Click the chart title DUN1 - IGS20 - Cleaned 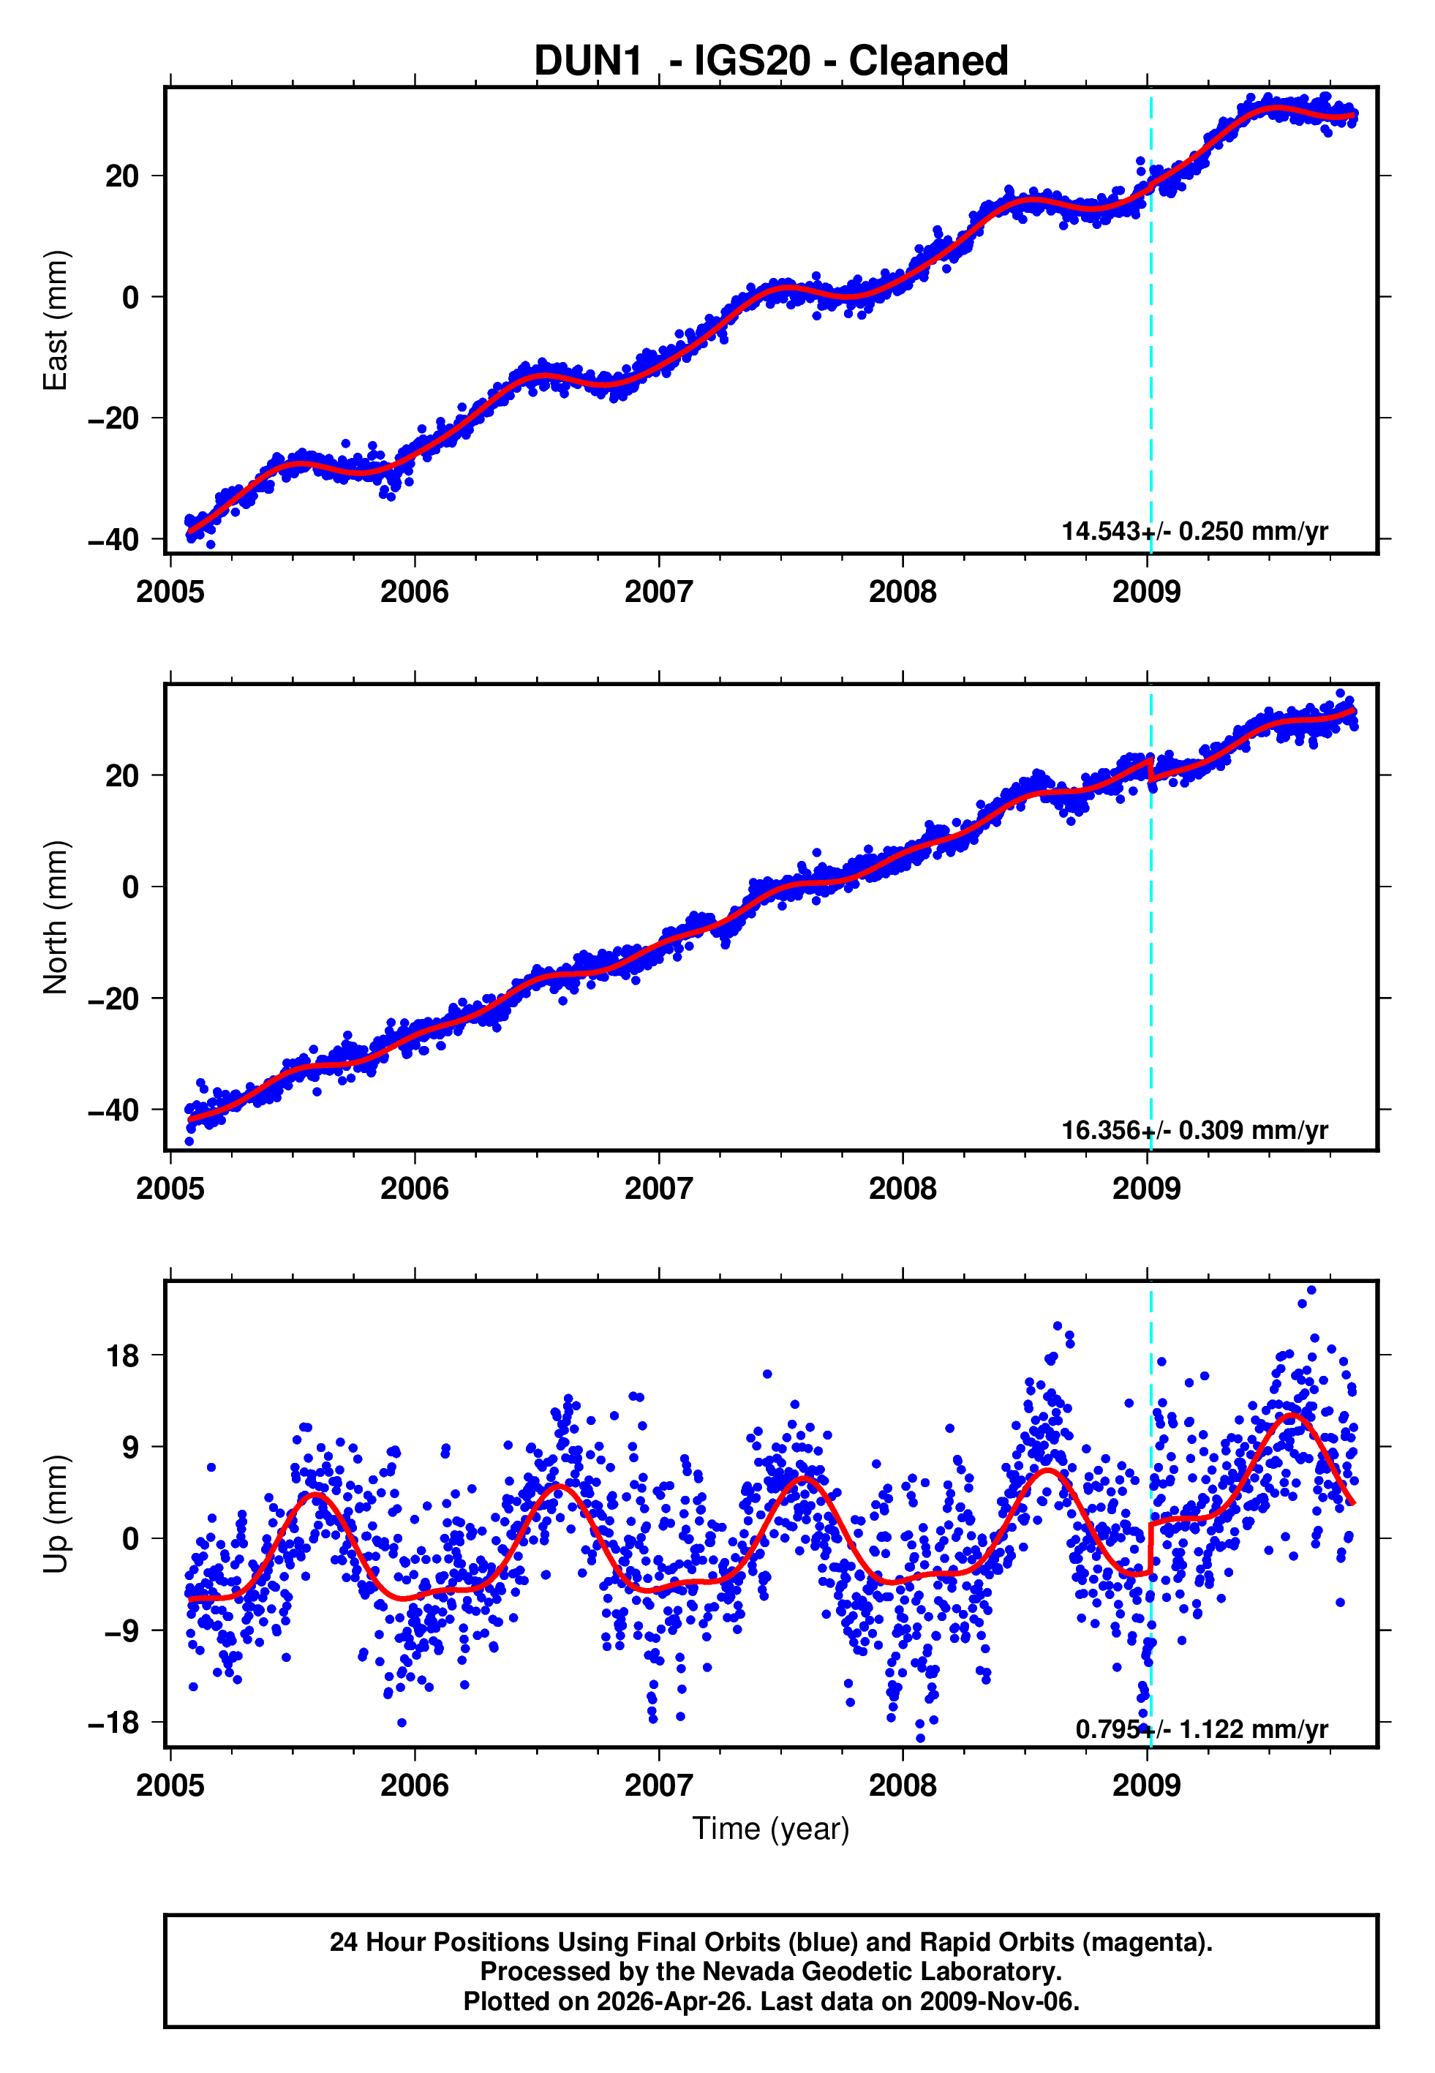coord(771,61)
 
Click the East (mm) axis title coord(56,320)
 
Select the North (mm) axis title coord(56,917)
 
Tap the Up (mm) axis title coord(56,1515)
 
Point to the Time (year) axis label coord(771,1829)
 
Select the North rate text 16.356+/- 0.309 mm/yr coord(1194,1130)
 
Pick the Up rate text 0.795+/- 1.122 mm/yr coord(1201,1728)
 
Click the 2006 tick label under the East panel coord(415,592)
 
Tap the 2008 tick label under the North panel coord(903,1189)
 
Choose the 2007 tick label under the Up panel coord(659,1786)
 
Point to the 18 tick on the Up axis coord(123,1355)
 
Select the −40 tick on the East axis coord(113,541)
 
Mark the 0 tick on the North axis coord(131,887)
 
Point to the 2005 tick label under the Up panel coord(171,1786)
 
